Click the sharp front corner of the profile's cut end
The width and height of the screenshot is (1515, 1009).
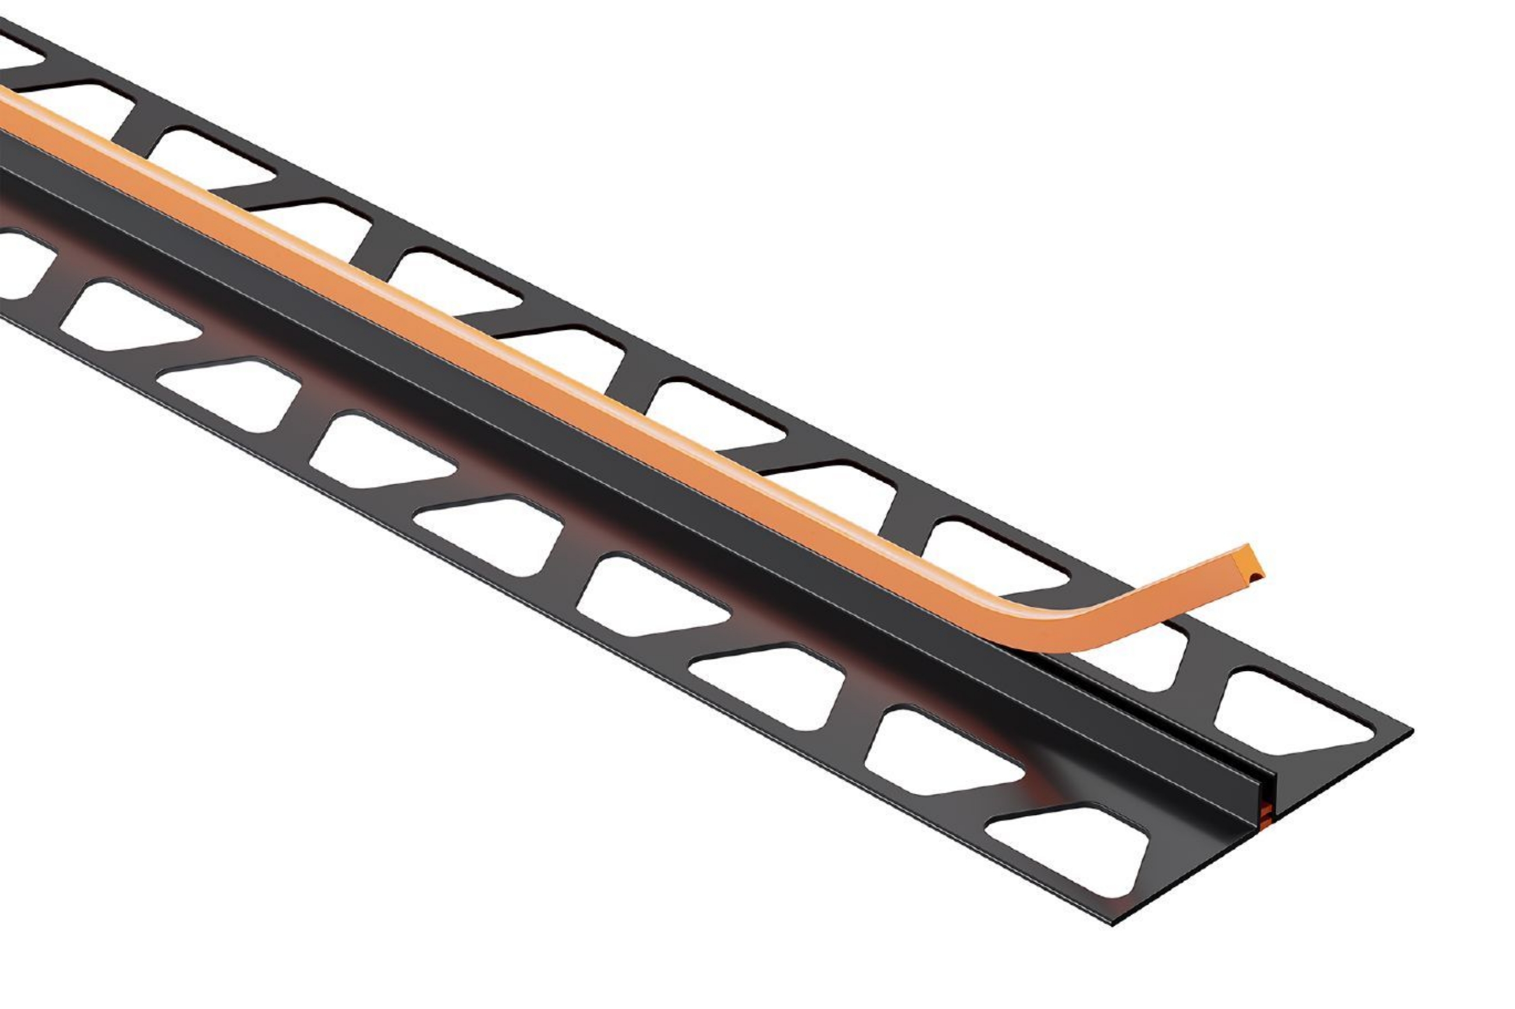click(1112, 924)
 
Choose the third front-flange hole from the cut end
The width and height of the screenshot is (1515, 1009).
click(769, 685)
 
